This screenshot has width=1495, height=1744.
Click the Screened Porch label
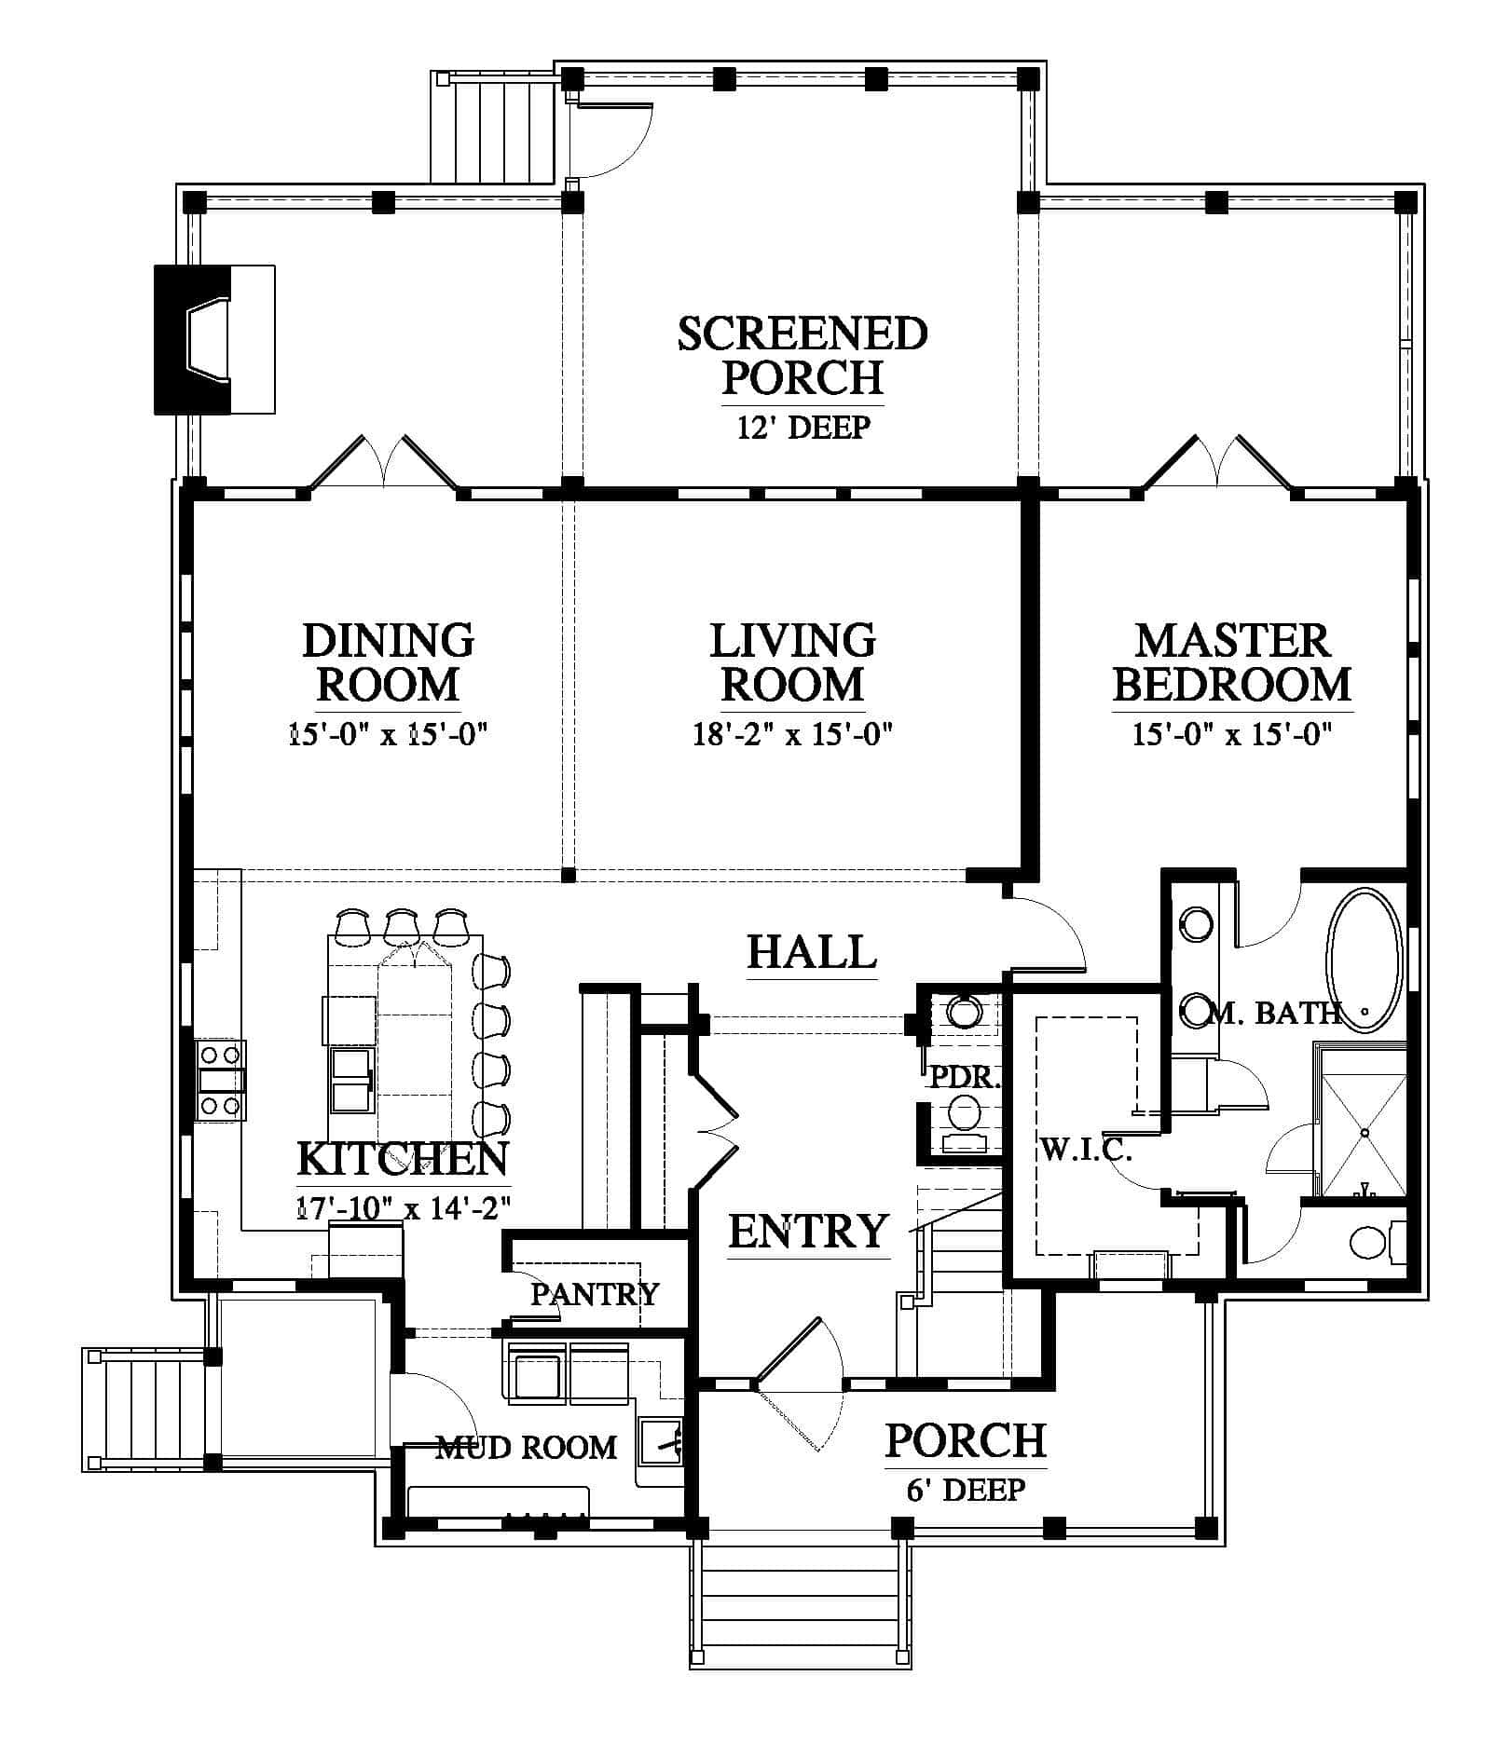coord(802,355)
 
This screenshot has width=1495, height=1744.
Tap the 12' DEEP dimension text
coord(803,428)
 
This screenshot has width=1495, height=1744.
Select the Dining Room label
coord(388,661)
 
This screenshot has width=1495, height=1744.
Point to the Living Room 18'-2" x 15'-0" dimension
coord(792,735)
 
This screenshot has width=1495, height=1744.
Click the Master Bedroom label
coord(1231,661)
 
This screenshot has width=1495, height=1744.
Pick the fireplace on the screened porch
coord(213,339)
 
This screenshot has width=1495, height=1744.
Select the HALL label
coord(812,952)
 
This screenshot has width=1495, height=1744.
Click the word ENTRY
coord(808,1231)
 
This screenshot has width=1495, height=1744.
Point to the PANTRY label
coord(595,1293)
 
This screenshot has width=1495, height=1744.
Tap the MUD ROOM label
coord(527,1447)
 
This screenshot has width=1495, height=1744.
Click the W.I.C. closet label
coord(1086,1151)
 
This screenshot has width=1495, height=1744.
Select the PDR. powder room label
coord(966,1079)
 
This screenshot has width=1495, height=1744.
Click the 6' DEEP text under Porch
coord(966,1490)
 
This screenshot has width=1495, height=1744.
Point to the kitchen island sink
coord(352,1080)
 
